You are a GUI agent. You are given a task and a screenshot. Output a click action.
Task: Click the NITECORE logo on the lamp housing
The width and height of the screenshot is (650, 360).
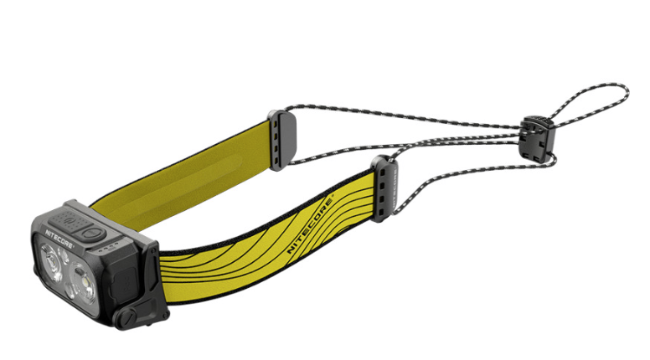coord(59,239)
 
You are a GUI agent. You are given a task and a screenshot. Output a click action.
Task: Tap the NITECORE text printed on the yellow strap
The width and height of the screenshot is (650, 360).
coord(310,225)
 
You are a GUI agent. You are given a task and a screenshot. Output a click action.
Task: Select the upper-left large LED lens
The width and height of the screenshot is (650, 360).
coord(51,263)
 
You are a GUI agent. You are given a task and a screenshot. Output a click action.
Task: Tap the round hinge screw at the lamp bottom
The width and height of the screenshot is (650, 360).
coord(125,317)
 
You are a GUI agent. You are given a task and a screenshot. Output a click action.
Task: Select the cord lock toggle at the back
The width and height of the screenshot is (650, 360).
coord(538,139)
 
